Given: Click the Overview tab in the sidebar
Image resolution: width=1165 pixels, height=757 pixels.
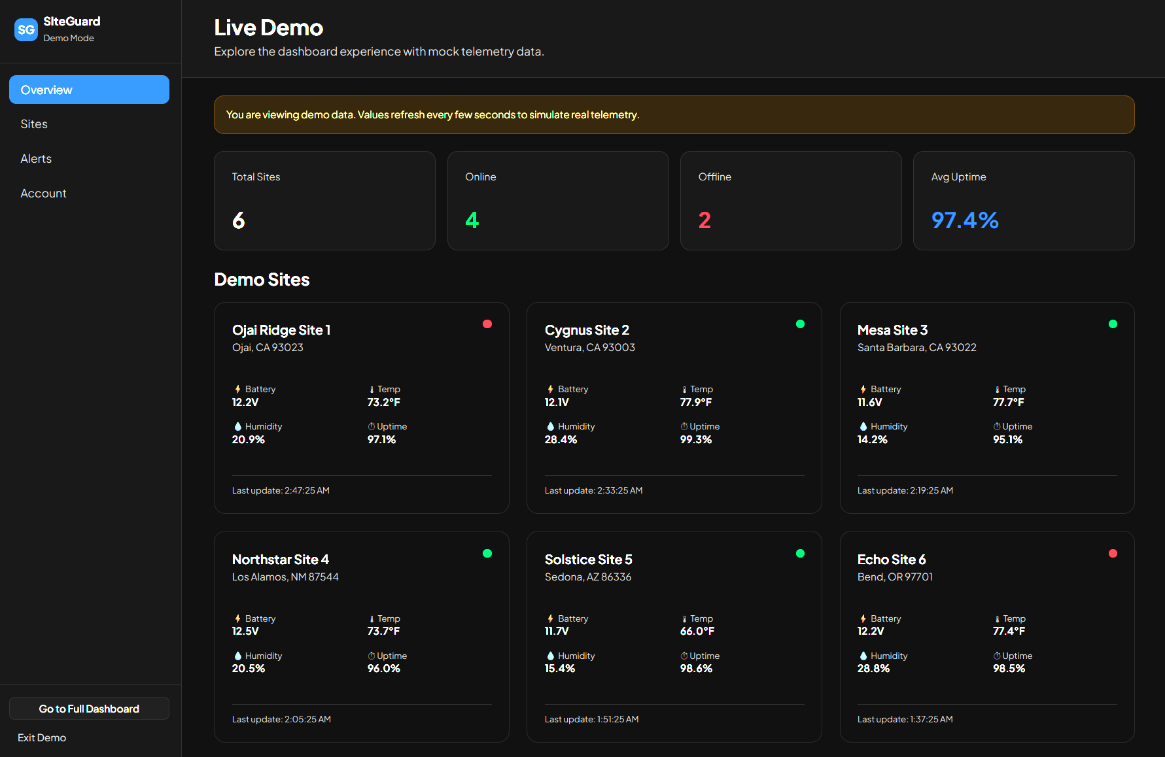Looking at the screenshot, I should (89, 90).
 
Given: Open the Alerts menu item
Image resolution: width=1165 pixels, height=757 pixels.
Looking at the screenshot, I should (36, 159).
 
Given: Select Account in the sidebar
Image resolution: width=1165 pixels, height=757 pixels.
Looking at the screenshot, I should (43, 193).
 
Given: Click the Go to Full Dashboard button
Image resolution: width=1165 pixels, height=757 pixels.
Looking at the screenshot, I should (89, 709).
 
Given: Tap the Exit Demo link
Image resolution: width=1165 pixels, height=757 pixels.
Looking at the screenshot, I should (42, 737).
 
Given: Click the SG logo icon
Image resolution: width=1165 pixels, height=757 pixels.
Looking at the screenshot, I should (26, 29).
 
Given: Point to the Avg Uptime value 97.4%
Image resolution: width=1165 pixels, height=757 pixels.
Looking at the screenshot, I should (965, 220).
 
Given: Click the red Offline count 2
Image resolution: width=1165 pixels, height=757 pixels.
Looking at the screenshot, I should (704, 220).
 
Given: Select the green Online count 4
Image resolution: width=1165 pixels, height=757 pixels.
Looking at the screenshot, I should (472, 220).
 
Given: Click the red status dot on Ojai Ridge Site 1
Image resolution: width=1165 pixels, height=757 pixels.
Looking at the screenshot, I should (487, 324).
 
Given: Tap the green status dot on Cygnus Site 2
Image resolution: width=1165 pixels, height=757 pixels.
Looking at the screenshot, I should (800, 324).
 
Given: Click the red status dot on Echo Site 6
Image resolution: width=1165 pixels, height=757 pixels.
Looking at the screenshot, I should (1113, 554).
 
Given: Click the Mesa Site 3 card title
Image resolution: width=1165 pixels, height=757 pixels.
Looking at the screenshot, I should (892, 330).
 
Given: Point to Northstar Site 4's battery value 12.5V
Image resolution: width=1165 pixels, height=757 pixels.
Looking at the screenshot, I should (245, 631).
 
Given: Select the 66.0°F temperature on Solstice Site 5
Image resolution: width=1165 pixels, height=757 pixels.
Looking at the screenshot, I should (697, 631).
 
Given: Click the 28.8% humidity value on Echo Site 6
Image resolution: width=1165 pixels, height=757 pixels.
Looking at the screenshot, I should (873, 669).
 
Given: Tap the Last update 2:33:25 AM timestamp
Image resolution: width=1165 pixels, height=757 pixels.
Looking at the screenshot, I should (593, 490).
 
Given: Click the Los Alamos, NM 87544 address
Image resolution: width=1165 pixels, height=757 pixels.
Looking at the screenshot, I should (285, 577).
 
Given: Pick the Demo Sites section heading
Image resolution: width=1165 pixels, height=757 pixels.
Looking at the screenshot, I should (262, 280).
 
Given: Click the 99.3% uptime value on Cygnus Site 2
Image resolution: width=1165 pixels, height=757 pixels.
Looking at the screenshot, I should (696, 440).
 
